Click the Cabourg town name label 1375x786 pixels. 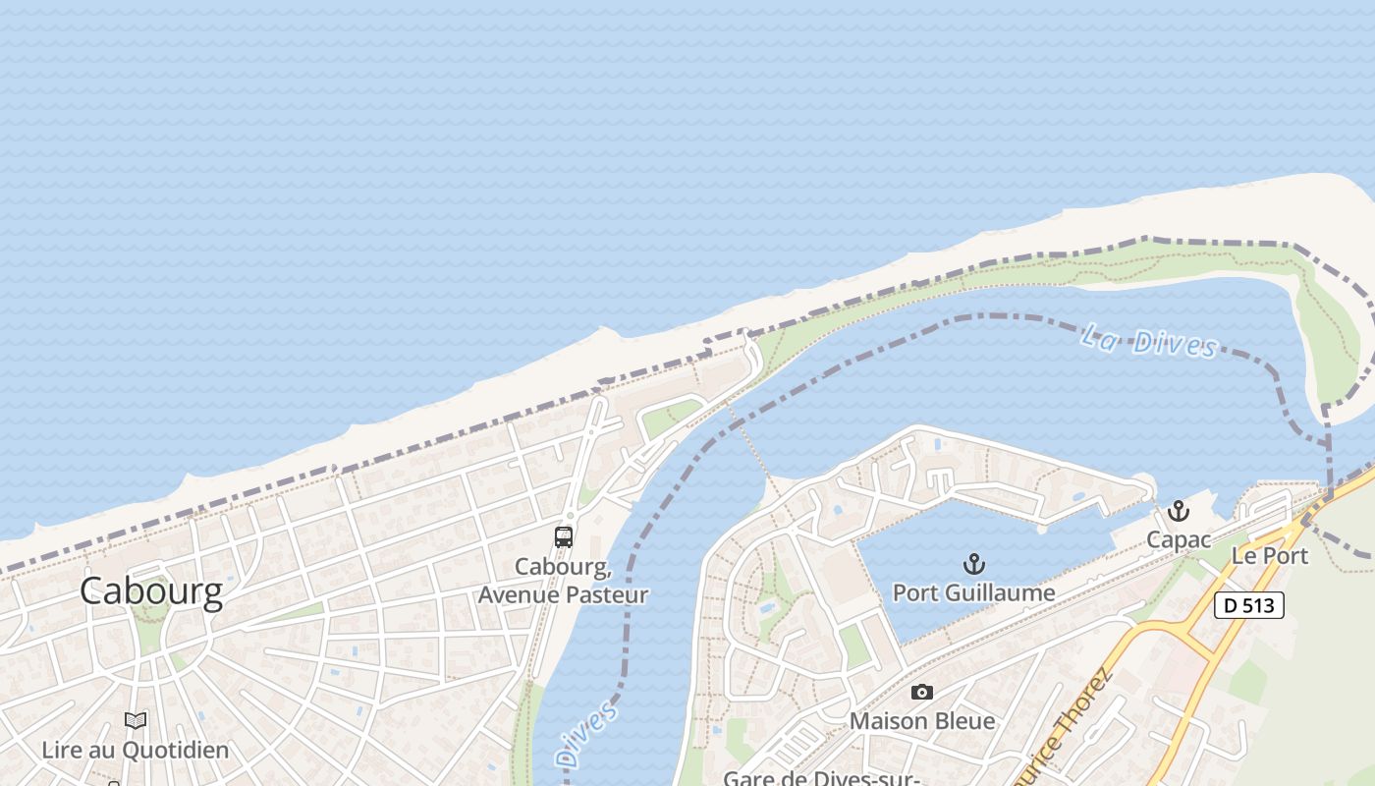(x=151, y=591)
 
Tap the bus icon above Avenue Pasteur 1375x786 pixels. (x=564, y=536)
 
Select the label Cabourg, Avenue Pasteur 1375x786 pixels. (x=563, y=581)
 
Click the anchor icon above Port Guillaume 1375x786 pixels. (x=973, y=564)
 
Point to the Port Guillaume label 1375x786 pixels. (x=973, y=592)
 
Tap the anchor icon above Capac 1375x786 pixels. (x=1179, y=511)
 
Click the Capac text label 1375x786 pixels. (x=1179, y=539)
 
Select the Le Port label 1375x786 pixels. (x=1270, y=555)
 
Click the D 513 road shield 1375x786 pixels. (x=1249, y=605)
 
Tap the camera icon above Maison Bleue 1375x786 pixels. (x=921, y=693)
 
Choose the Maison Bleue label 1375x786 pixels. (x=921, y=721)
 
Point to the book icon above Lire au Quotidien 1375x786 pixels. (x=136, y=721)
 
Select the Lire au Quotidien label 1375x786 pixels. (x=136, y=751)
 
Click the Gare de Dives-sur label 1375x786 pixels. (x=821, y=778)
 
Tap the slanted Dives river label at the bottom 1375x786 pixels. (x=586, y=733)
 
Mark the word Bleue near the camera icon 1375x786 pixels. (x=963, y=721)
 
